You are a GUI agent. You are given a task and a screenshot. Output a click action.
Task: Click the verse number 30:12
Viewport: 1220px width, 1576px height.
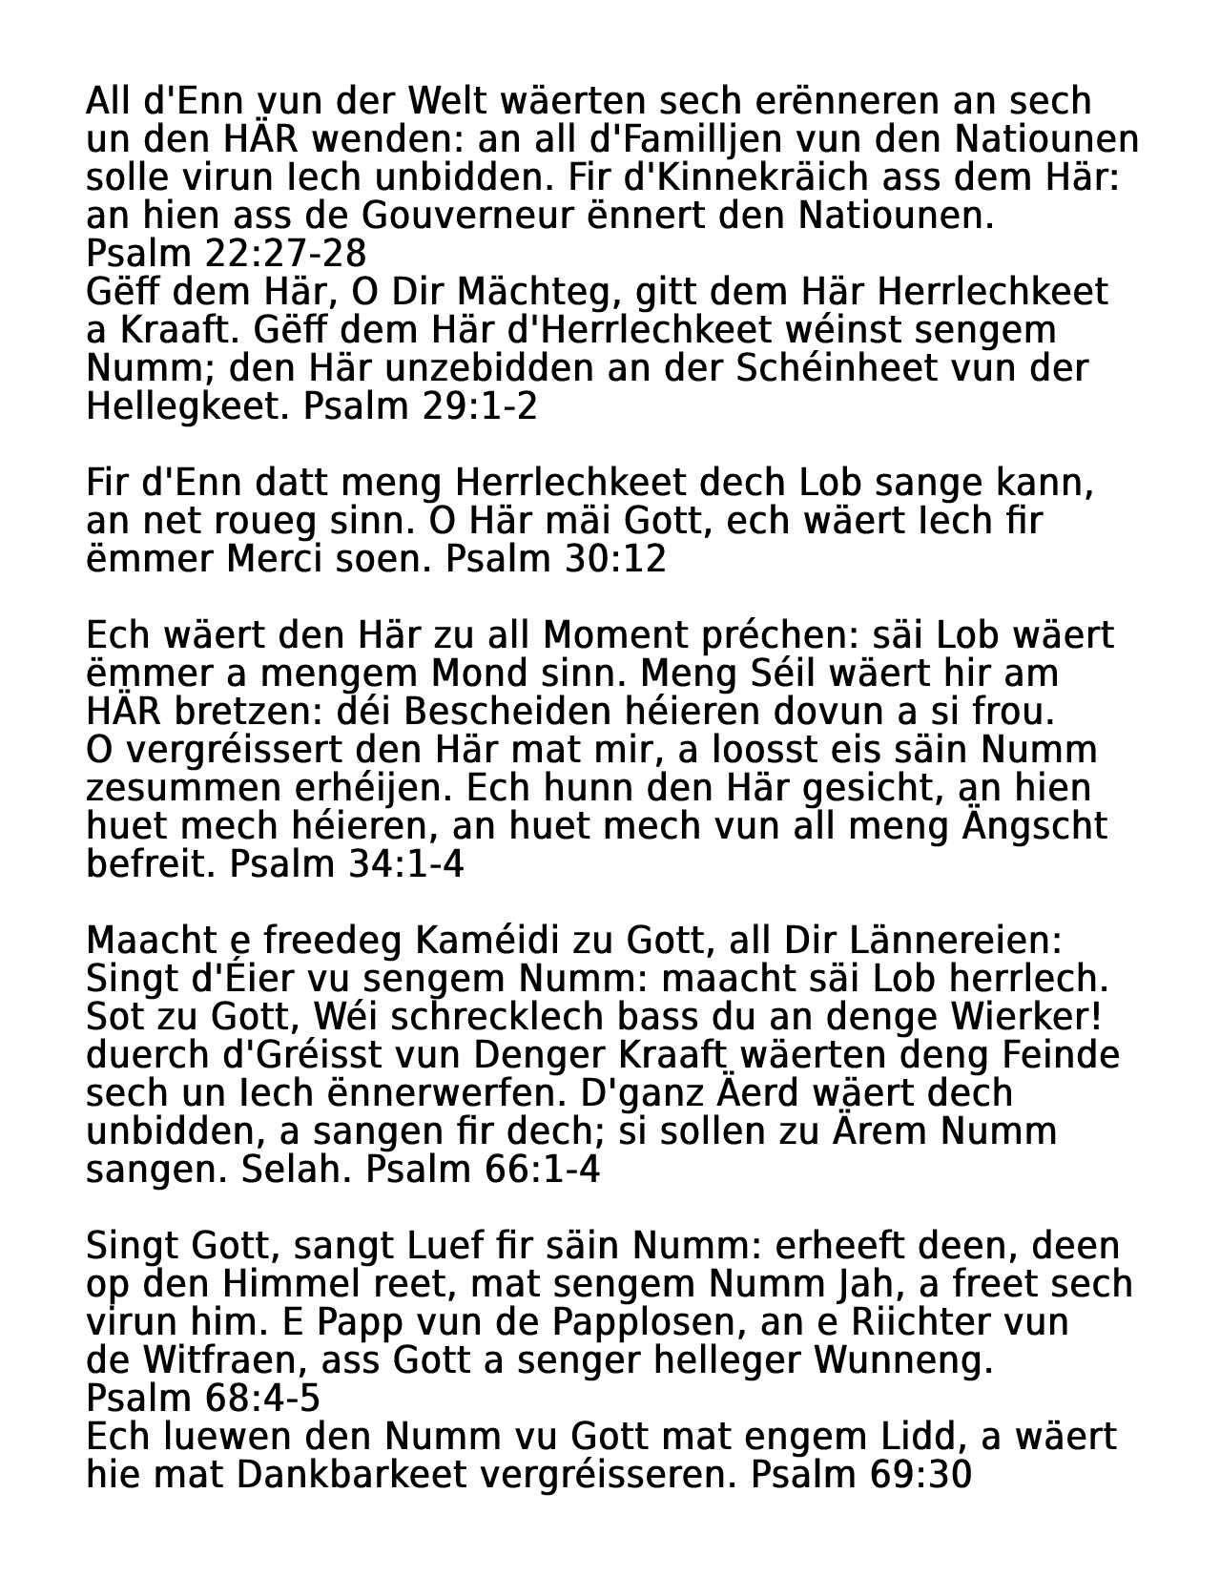615,559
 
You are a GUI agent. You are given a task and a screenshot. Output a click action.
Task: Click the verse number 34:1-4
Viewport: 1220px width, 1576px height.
410,864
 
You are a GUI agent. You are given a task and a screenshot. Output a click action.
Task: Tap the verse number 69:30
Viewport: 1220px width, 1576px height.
920,1475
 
